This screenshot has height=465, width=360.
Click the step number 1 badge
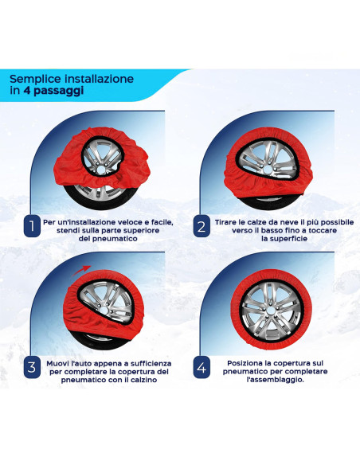[x=31, y=227]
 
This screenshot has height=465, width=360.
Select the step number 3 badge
[x=31, y=367]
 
